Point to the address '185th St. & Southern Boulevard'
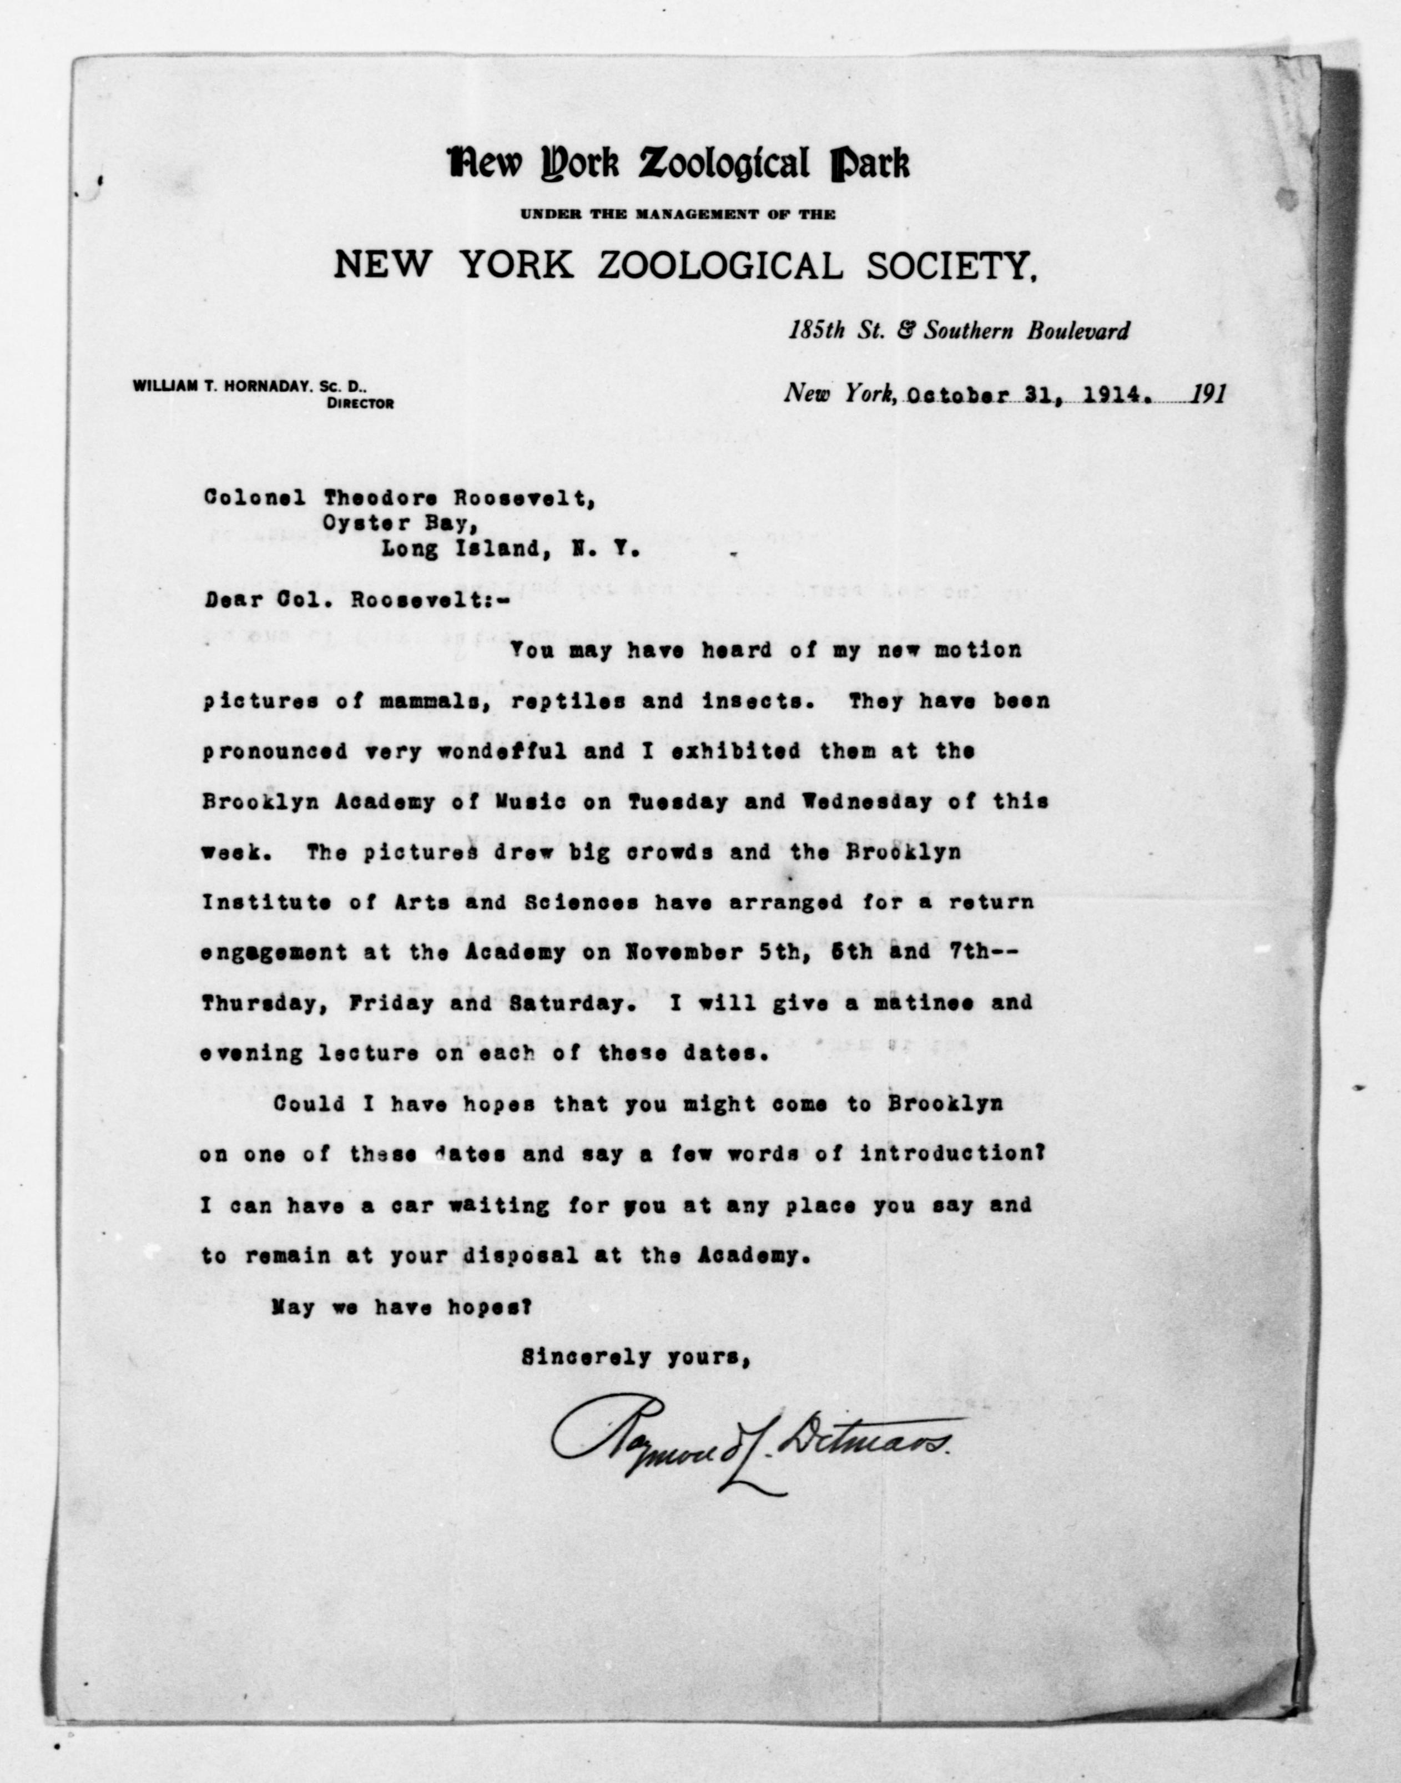(x=958, y=331)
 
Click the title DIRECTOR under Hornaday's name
(x=359, y=403)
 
